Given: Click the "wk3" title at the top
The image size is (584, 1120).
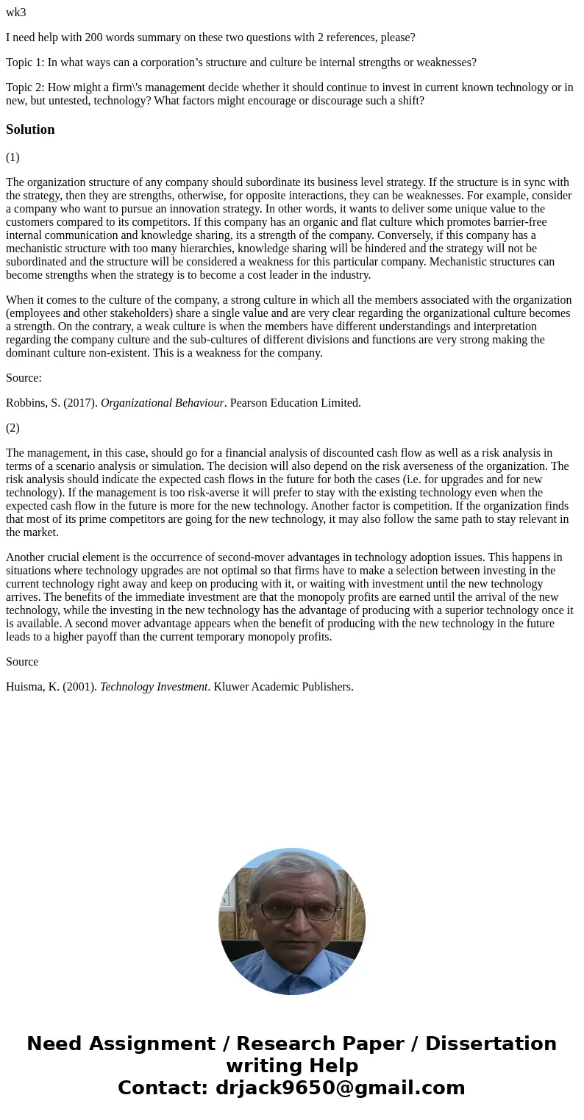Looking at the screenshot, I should pyautogui.click(x=15, y=13).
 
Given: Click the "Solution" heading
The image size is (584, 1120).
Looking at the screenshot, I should pyautogui.click(x=30, y=129).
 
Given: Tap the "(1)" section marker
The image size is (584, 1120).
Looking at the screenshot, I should pyautogui.click(x=13, y=157).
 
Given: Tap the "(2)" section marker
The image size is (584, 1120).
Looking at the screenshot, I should pyautogui.click(x=13, y=428).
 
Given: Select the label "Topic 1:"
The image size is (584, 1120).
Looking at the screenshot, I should pyautogui.click(x=25, y=63).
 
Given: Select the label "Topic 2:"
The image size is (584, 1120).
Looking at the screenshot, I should pyautogui.click(x=25, y=88).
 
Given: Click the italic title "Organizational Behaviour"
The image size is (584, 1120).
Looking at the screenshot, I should pyautogui.click(x=162, y=403).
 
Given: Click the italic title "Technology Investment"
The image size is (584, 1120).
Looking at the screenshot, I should pyautogui.click(x=154, y=687).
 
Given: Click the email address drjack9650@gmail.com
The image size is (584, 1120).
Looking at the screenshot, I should pyautogui.click(x=340, y=1088).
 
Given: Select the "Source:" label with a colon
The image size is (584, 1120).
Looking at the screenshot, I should pyautogui.click(x=24, y=378).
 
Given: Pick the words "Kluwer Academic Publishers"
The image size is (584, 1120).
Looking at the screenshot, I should pyautogui.click(x=283, y=687).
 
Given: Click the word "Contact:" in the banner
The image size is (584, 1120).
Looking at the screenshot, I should pyautogui.click(x=163, y=1088).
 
